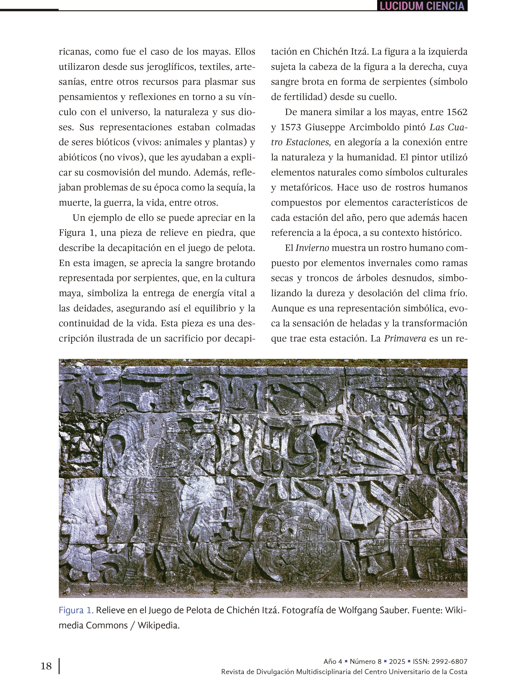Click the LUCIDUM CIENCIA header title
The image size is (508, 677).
pyautogui.click(x=422, y=6)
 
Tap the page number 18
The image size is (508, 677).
pyautogui.click(x=46, y=666)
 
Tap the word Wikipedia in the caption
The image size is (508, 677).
pyautogui.click(x=158, y=625)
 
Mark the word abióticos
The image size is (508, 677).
pyautogui.click(x=78, y=157)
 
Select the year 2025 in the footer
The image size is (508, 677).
pyautogui.click(x=397, y=662)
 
